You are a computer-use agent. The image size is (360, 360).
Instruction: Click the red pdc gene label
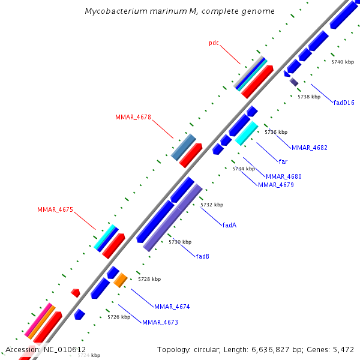click(214, 43)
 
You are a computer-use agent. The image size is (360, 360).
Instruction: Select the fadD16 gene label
click(344, 103)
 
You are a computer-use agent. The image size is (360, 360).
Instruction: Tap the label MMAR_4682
click(309, 148)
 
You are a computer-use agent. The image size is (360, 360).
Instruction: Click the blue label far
click(283, 161)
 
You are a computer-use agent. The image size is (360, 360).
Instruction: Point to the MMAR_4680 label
click(284, 176)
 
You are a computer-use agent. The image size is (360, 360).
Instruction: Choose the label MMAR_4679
click(276, 185)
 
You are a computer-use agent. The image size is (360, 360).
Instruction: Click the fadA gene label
click(229, 225)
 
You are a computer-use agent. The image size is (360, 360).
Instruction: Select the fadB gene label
click(202, 256)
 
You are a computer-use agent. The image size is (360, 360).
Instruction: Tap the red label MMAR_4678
click(133, 117)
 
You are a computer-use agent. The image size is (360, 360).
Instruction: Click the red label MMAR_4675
click(55, 209)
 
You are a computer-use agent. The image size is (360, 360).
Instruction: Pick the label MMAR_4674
click(172, 307)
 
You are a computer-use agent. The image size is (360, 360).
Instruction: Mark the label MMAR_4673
click(160, 322)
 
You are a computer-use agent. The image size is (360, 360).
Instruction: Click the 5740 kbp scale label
click(343, 62)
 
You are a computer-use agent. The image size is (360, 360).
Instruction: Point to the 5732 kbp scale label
click(212, 205)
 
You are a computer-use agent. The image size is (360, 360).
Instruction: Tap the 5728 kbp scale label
click(149, 279)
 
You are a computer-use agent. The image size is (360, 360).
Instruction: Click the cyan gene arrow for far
click(247, 133)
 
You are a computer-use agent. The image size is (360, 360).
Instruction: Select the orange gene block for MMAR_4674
click(121, 280)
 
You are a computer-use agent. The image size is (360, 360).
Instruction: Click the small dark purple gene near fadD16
click(293, 81)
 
